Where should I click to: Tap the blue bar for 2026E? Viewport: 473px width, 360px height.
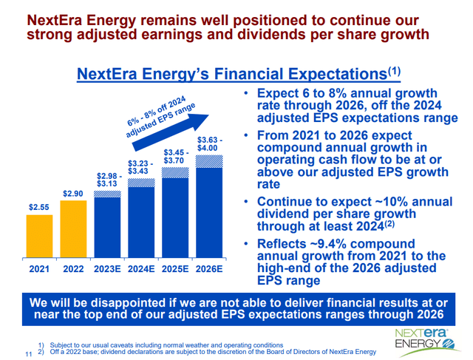(x=208, y=211)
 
